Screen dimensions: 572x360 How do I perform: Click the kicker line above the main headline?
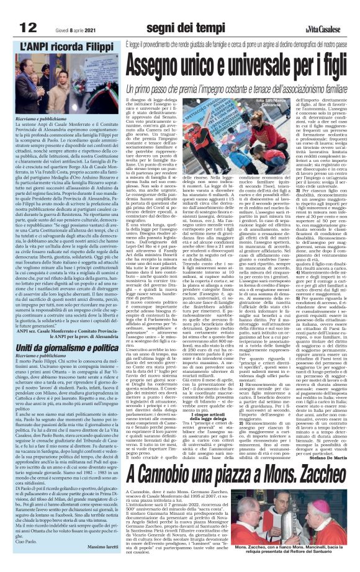(241, 47)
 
